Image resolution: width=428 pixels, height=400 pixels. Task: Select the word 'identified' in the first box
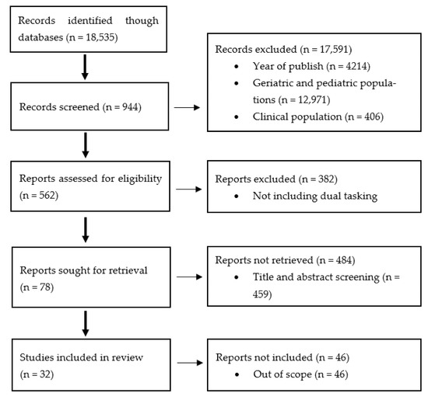click(89, 20)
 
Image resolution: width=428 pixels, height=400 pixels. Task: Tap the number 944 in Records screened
click(130, 107)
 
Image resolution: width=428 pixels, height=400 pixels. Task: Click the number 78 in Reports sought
click(45, 287)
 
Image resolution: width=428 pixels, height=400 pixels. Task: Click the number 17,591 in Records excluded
click(335, 49)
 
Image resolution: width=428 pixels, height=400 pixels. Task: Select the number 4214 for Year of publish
click(356, 66)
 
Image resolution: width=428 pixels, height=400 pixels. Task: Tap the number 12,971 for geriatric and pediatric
click(313, 99)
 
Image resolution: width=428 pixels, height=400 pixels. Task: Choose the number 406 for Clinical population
click(372, 117)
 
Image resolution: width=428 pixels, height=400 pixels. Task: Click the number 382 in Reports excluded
click(326, 179)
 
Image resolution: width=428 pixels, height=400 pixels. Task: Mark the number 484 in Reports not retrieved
click(344, 260)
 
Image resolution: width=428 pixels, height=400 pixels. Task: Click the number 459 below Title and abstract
click(261, 294)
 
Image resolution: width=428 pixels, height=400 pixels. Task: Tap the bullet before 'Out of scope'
click(237, 374)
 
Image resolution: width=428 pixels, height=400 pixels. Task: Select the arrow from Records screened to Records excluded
click(187, 108)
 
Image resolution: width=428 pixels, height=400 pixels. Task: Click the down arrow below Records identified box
click(85, 67)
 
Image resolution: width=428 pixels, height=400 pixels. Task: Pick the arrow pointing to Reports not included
click(190, 363)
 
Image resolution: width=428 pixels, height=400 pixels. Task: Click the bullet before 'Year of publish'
click(237, 67)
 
